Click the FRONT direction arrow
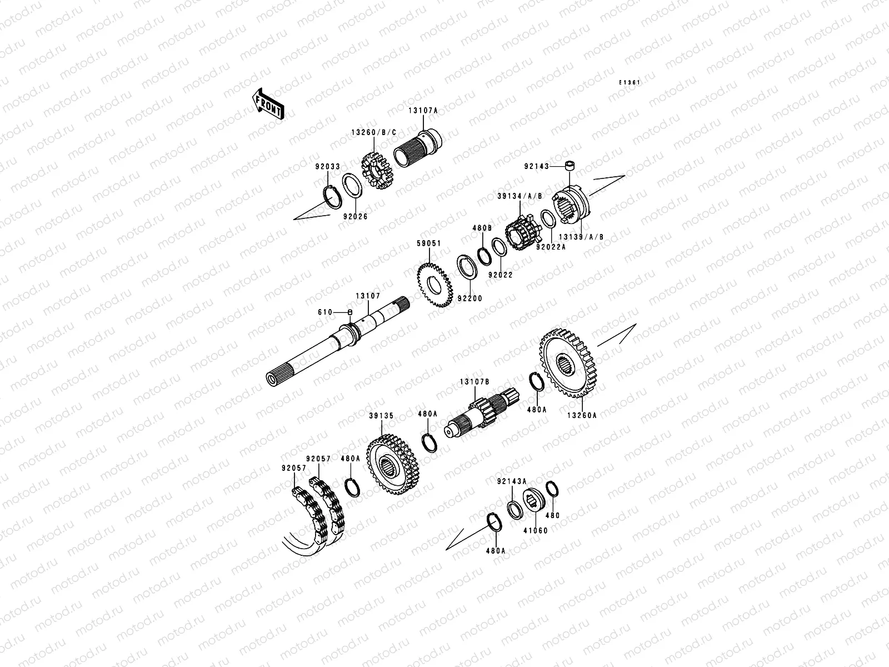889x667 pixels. (267, 104)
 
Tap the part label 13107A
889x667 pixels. (423, 111)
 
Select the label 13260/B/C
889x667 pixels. (374, 132)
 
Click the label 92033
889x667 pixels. (328, 166)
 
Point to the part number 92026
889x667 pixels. (356, 217)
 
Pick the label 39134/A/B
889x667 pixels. (520, 196)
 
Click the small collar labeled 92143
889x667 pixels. (570, 165)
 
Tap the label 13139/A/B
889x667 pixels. (581, 237)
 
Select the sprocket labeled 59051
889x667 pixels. (434, 285)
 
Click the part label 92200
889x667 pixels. (470, 298)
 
